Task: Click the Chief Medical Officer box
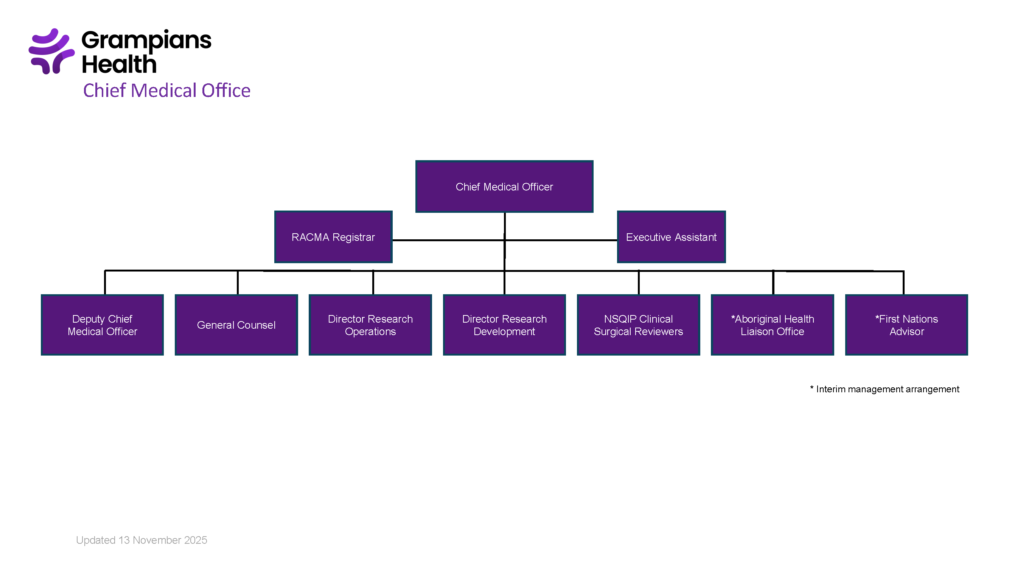pos(504,187)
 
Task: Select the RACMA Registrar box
pos(333,237)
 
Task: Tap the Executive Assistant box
pos(671,237)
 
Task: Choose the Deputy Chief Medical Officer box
pos(102,325)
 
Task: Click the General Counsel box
pos(236,325)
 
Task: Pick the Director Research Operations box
pos(370,325)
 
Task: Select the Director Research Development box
pos(504,325)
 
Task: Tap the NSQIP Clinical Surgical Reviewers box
pos(638,325)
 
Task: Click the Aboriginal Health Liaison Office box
pos(772,325)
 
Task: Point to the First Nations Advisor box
pos(906,325)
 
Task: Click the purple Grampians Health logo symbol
pos(51,51)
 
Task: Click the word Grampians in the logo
pos(146,41)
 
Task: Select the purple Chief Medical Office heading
pos(166,91)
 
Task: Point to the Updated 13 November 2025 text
pos(141,540)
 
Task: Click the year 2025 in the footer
pos(196,540)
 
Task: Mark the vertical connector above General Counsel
pos(238,282)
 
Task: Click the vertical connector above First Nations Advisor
pos(903,282)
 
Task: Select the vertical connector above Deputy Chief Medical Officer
pos(105,282)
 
